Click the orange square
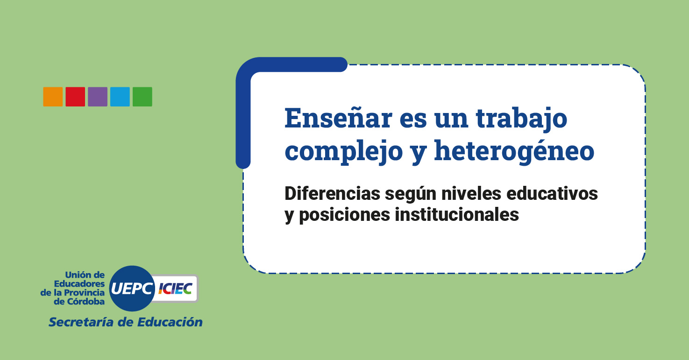(x=53, y=97)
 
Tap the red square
(x=75, y=97)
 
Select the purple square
(x=98, y=97)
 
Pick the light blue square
(x=120, y=97)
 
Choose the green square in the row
(x=142, y=97)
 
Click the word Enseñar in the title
(x=338, y=118)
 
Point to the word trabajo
(x=522, y=120)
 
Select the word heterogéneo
(x=514, y=151)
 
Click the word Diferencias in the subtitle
(x=333, y=194)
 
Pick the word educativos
(x=552, y=194)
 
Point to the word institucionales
(x=457, y=214)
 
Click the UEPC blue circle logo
(x=132, y=289)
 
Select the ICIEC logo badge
(x=176, y=289)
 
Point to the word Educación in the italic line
(x=170, y=322)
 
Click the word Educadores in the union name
(x=79, y=283)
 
